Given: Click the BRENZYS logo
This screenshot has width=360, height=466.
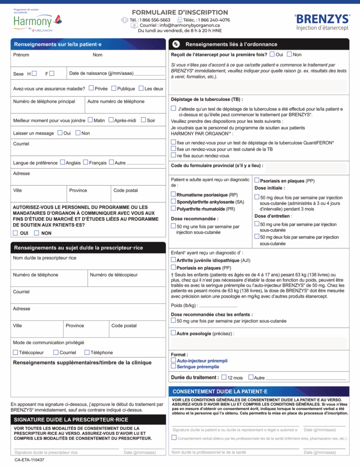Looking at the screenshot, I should click(322, 19).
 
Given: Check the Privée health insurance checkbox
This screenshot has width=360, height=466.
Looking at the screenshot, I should click(91, 88).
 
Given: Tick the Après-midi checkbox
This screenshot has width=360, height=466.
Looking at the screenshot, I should click(111, 120).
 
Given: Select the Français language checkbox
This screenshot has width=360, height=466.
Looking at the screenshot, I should click(85, 163).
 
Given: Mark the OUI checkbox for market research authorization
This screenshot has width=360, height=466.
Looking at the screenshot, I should click(15, 233).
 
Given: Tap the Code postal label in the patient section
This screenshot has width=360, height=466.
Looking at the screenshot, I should click(125, 190).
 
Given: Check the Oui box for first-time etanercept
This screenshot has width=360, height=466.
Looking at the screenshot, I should click(272, 55).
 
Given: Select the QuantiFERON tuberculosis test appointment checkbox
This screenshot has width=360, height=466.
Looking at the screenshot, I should click(173, 143).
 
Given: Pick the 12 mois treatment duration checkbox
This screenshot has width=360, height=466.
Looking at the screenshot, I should click(224, 377).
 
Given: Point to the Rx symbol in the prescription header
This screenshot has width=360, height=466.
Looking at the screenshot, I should click(174, 44).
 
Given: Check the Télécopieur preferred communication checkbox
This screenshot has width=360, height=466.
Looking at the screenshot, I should click(15, 352).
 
